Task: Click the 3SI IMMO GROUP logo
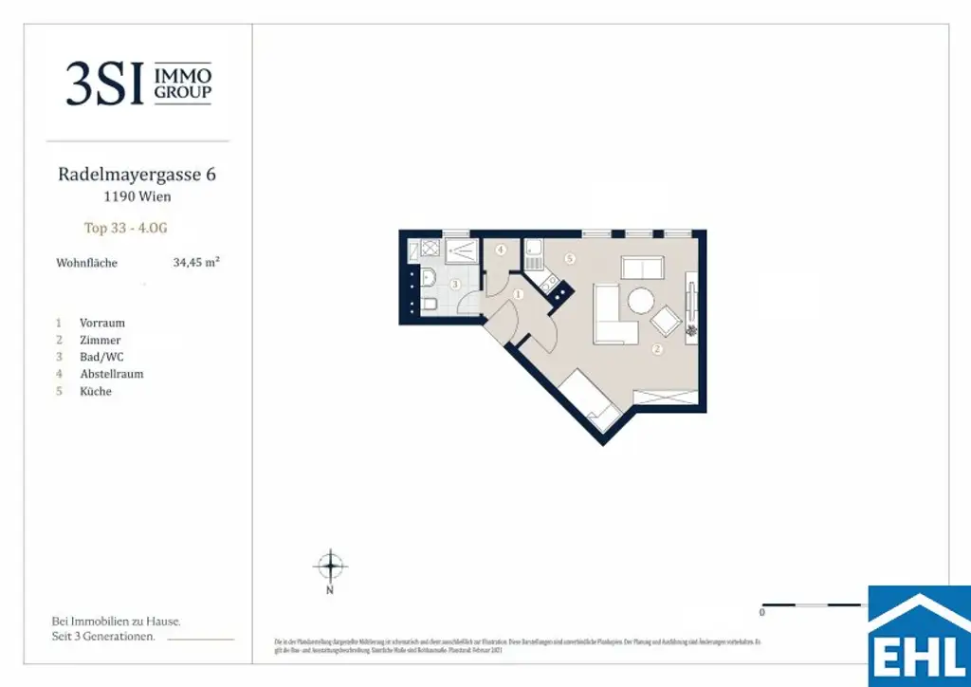(x=138, y=84)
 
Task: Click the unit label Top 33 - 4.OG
(x=126, y=228)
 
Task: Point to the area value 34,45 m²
(x=196, y=263)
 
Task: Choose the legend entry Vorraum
(x=101, y=323)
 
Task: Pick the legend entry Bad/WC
(x=101, y=357)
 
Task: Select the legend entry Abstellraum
(x=111, y=374)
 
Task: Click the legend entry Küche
(x=96, y=391)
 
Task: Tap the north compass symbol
(x=330, y=566)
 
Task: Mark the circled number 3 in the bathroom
(x=455, y=284)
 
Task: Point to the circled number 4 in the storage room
(x=500, y=251)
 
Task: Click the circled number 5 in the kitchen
(x=569, y=258)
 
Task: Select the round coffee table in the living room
(x=639, y=302)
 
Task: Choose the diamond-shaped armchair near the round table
(x=666, y=322)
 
